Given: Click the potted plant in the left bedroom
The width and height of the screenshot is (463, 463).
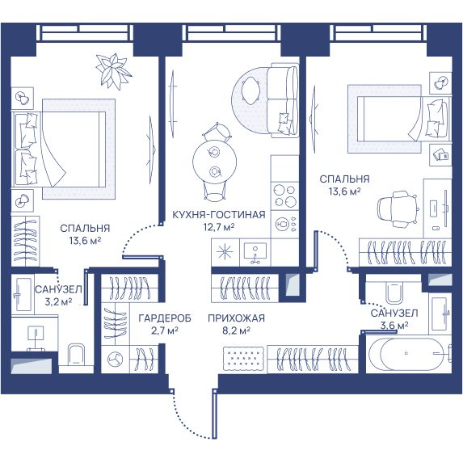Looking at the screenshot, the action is [x=113, y=71].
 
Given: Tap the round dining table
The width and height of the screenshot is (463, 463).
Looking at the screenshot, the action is [x=214, y=161].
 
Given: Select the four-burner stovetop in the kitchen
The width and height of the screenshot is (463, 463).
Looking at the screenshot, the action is [x=285, y=196].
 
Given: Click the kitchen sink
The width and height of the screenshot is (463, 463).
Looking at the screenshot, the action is [x=255, y=253].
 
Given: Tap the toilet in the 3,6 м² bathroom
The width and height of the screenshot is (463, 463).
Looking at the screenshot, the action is [x=393, y=292].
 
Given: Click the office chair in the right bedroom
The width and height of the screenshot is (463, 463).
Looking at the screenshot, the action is [x=398, y=209].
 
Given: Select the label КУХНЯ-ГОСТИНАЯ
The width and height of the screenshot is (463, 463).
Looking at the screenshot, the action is [x=219, y=215].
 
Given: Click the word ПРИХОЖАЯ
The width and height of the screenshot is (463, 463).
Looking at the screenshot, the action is [x=236, y=318].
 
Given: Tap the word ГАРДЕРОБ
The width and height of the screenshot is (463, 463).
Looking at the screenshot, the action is [x=165, y=318].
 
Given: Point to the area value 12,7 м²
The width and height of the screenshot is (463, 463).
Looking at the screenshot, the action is [x=219, y=227].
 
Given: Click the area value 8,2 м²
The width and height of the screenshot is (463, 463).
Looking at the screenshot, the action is [x=236, y=330].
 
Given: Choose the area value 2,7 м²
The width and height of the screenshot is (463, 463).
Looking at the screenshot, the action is [x=165, y=330].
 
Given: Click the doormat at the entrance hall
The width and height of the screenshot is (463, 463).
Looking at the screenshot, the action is [x=243, y=358].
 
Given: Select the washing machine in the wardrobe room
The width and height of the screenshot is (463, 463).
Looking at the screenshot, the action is [x=116, y=360].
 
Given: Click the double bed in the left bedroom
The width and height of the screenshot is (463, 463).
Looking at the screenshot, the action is [x=59, y=149].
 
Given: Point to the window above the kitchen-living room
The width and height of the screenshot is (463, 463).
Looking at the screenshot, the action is [x=231, y=32].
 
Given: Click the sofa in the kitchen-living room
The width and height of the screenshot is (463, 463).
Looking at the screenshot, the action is [x=283, y=100].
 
